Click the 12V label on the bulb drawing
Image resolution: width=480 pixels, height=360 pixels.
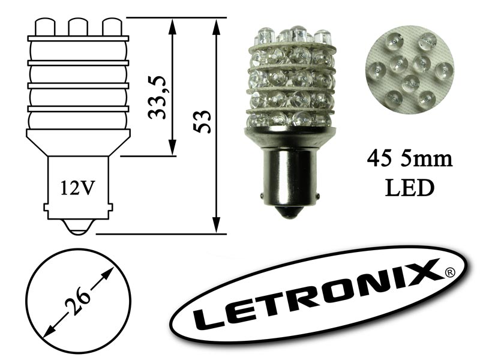pyautogui.click(x=77, y=188)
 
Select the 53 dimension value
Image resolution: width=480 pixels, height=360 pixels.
pyautogui.click(x=202, y=122)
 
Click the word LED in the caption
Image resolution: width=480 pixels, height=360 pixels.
pyautogui.click(x=410, y=187)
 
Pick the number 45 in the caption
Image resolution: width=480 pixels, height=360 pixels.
pyautogui.click(x=380, y=160)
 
